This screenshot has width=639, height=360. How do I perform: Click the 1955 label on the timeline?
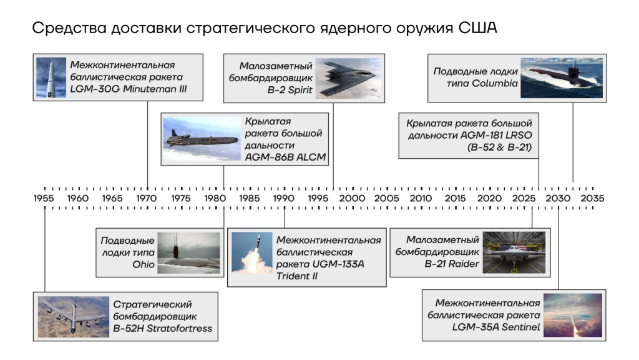[44, 198]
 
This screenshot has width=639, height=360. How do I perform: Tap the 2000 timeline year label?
[352, 198]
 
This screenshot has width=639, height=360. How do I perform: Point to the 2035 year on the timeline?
[592, 198]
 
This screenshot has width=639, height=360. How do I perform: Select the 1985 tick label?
[249, 198]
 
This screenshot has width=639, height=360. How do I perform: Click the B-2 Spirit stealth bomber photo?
[349, 78]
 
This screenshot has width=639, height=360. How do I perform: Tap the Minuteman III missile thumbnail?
[51, 77]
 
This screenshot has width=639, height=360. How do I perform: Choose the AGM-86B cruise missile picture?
[202, 139]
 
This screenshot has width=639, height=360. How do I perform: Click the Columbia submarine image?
[561, 78]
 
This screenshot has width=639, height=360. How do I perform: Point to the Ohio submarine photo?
[188, 252]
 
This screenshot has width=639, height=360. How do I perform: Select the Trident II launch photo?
[252, 252]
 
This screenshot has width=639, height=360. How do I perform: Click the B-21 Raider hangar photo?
[514, 252]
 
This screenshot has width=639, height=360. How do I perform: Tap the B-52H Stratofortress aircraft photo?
[74, 317]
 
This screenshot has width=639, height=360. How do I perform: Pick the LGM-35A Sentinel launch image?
[573, 315]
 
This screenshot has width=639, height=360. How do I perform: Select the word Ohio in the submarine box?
[144, 264]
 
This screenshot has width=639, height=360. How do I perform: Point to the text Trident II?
[296, 276]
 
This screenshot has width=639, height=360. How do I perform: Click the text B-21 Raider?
[452, 264]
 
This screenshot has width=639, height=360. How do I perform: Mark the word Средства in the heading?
[69, 28]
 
